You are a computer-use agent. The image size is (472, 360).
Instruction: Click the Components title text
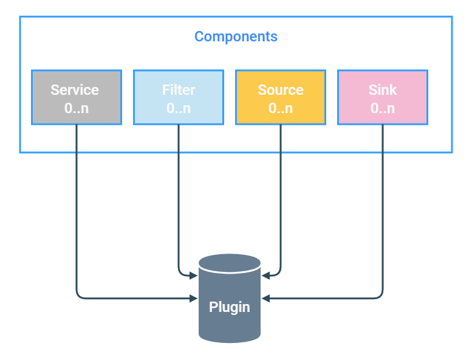[236, 36]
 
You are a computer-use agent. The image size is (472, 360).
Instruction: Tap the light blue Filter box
[179, 98]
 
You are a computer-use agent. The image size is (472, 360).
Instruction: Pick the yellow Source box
[281, 98]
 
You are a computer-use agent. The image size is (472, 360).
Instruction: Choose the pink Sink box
[383, 98]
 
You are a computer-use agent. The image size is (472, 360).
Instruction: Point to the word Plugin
[230, 307]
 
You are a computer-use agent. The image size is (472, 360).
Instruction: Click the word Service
[75, 90]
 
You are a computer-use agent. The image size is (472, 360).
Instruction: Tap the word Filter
[179, 90]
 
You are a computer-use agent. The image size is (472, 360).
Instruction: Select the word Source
[281, 90]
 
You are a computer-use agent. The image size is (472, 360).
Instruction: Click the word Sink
[383, 90]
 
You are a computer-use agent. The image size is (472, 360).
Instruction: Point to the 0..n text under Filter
[179, 109]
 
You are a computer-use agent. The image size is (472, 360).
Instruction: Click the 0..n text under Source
[281, 109]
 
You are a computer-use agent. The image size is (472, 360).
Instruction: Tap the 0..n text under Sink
[383, 109]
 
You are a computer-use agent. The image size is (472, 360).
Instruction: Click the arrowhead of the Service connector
[194, 299]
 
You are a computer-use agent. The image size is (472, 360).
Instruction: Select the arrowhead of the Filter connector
[194, 275]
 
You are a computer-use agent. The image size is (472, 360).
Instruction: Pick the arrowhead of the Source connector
[265, 275]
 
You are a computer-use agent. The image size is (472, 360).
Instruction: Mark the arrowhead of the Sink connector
[265, 299]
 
